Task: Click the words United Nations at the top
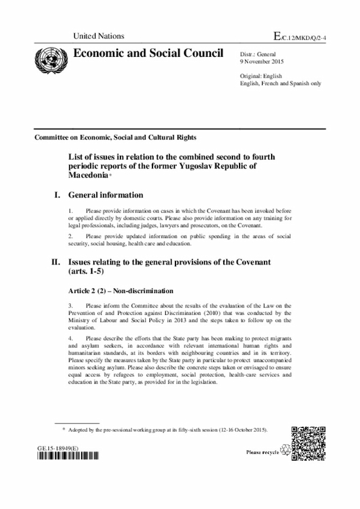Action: tap(98, 36)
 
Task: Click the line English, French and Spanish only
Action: tap(280, 83)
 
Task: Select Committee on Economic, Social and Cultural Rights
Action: tap(115, 137)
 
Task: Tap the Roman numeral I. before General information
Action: tap(56, 195)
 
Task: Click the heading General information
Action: tap(106, 195)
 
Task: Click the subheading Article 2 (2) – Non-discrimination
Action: tap(120, 291)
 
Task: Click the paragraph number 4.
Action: tap(70, 338)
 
